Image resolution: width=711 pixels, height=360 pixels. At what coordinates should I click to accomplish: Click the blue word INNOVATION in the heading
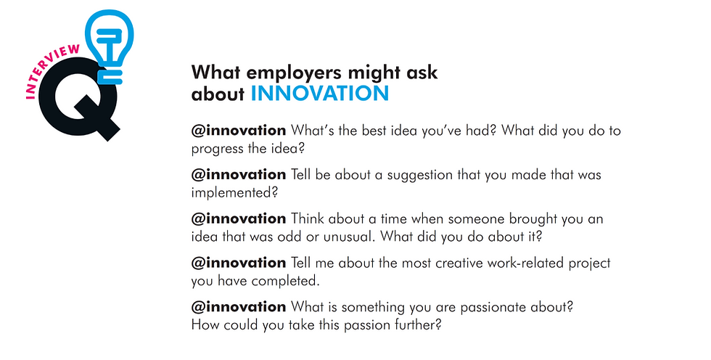coord(320,94)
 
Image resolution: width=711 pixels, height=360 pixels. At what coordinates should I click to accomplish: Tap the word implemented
coord(234,192)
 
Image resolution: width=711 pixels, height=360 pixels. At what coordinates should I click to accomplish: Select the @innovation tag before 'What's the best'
coord(239,131)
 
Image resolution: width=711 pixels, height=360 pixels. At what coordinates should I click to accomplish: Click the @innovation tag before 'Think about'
coord(239,218)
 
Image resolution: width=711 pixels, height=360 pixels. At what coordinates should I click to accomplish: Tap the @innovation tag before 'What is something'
coord(239,307)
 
